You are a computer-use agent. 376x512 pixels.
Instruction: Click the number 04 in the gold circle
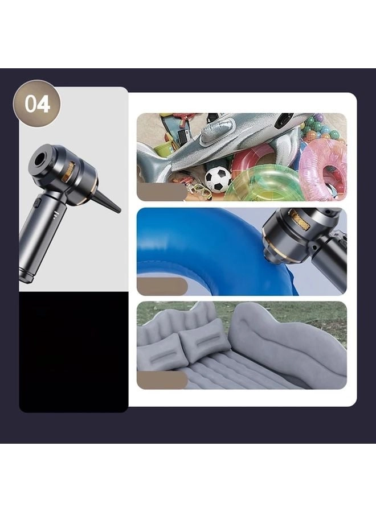pos(37,105)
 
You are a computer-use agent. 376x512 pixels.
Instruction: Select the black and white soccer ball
pos(218,179)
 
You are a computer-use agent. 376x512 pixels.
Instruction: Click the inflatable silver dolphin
pos(228,139)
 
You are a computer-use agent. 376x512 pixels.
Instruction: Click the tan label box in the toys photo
pos(162,192)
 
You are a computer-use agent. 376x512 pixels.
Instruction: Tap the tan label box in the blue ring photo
pos(162,286)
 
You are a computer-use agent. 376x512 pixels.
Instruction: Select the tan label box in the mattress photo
pos(162,380)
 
